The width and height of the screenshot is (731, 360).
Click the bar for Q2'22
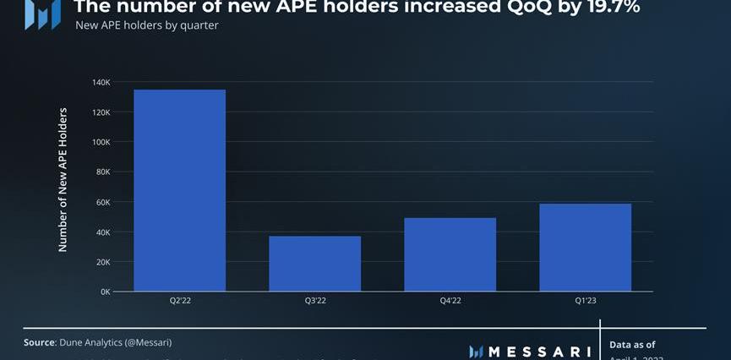point(179,190)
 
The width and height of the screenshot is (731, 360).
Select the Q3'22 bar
point(314,264)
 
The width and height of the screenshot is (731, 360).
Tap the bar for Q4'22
point(450,254)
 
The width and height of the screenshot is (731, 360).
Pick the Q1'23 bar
point(585,248)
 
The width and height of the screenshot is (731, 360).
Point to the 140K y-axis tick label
point(101,83)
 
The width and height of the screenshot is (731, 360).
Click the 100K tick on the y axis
point(101,142)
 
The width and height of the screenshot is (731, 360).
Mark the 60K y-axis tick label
point(103,202)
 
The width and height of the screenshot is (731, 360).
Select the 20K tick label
point(103,262)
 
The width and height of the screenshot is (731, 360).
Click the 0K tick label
point(105,292)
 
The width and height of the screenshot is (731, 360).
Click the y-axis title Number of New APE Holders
point(63,179)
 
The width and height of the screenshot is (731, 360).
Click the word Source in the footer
point(39,342)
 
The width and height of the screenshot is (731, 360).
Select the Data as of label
point(632,345)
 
